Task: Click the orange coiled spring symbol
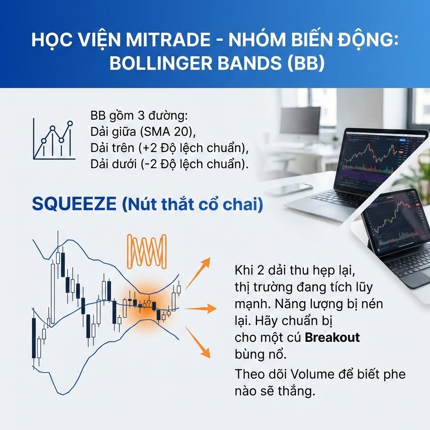pos(147,251)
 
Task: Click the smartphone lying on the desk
pos(289,189)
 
